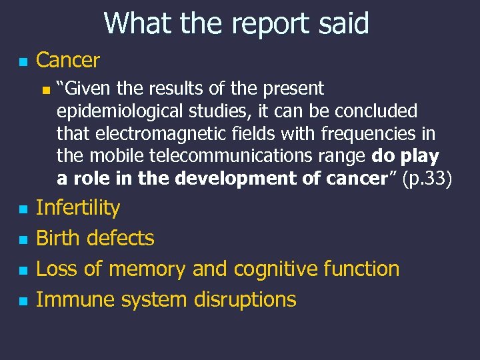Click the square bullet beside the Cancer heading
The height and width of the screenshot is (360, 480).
23,63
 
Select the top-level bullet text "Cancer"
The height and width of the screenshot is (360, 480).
67,61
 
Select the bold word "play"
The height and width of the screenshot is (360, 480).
420,157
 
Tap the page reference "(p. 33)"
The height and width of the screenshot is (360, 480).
427,179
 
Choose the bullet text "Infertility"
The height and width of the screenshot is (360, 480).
77,208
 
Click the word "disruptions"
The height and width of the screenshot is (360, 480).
245,300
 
